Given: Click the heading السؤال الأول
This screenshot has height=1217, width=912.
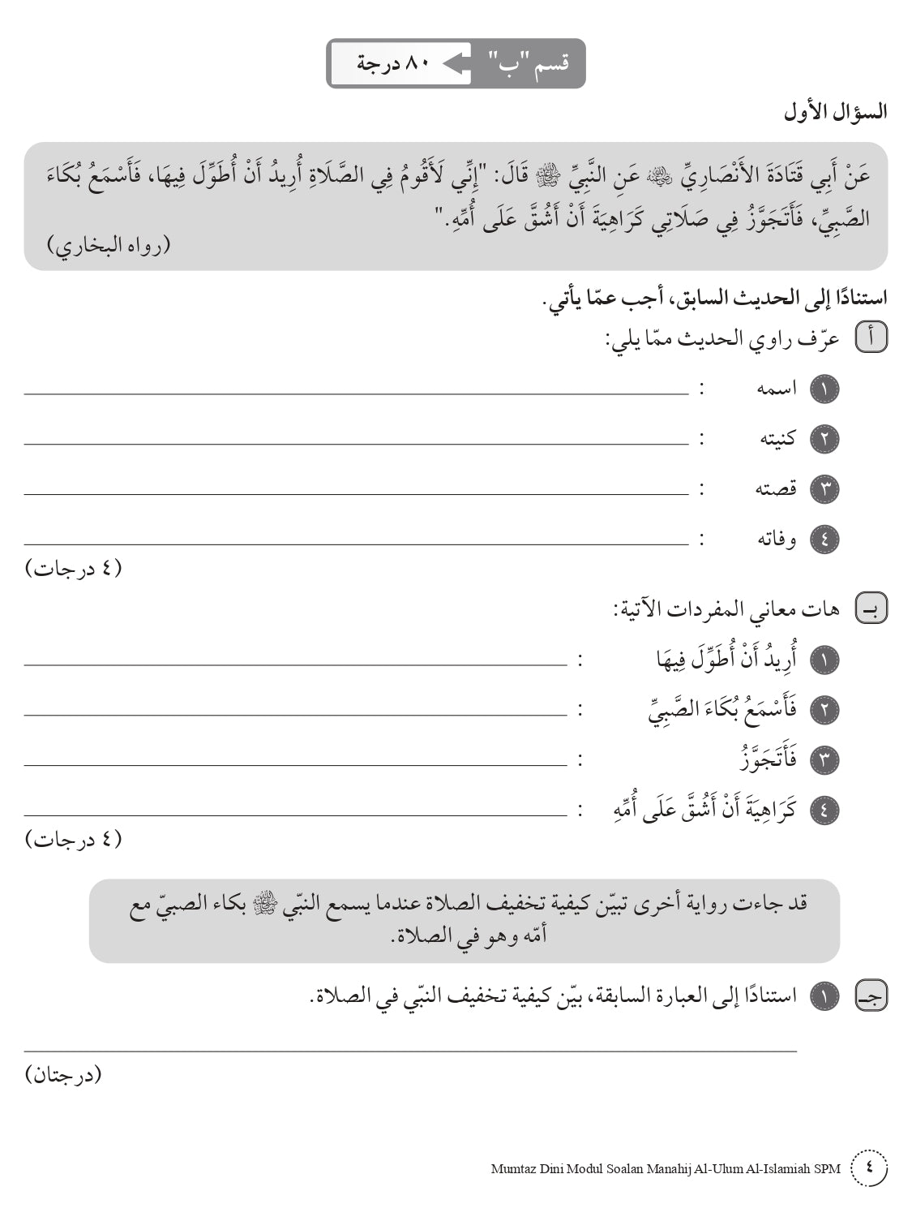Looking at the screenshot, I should point(836,112).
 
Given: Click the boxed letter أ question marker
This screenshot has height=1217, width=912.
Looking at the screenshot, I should point(872,338).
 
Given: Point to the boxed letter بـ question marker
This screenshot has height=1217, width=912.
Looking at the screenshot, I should point(872,608).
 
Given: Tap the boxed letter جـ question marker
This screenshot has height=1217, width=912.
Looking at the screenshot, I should point(872,996).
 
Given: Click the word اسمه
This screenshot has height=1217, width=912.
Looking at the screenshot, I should point(777,389).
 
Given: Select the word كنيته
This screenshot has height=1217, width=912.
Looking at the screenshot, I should point(777,439).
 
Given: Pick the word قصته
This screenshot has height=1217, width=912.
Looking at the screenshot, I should point(777,489).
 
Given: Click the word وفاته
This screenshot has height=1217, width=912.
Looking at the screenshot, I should point(777,540).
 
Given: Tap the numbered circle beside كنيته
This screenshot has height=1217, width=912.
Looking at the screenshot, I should point(824,439).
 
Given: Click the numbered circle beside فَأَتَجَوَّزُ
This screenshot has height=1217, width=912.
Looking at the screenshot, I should point(824,760).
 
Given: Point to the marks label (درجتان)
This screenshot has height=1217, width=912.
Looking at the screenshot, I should point(65,1075).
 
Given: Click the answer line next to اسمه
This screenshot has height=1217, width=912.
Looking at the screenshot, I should point(357,393).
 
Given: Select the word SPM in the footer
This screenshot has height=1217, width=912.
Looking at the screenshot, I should point(827,1169).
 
